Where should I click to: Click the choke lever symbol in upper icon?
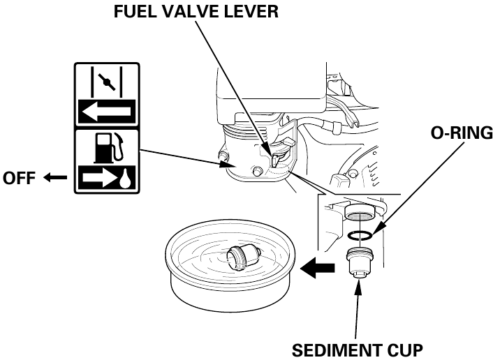tap(106, 82)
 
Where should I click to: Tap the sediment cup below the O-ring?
tap(358, 263)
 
